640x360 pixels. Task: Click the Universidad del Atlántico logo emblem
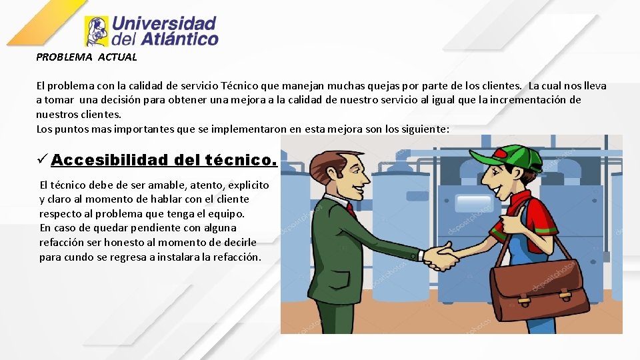[97, 31]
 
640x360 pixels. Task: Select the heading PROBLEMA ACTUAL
[87, 57]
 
